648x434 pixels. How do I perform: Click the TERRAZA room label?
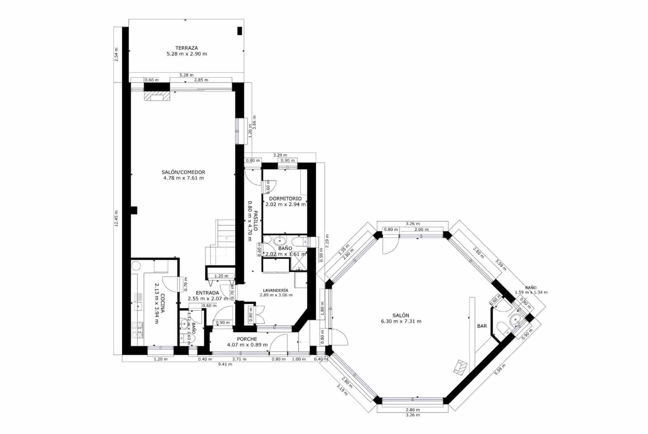pyautogui.click(x=187, y=48)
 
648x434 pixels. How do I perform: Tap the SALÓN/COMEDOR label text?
pyautogui.click(x=183, y=172)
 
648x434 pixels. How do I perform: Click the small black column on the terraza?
pyautogui.click(x=239, y=31)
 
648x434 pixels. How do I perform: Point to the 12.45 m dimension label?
pyautogui.click(x=116, y=219)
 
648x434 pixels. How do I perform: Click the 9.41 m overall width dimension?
pyautogui.click(x=225, y=364)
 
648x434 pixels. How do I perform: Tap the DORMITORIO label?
pyautogui.click(x=285, y=198)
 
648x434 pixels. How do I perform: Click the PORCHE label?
pyautogui.click(x=247, y=339)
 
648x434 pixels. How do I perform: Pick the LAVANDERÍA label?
pyautogui.click(x=275, y=290)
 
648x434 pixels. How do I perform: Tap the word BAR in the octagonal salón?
pyautogui.click(x=482, y=326)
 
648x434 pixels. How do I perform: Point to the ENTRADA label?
pyautogui.click(x=207, y=293)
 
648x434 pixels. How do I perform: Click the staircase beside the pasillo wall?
pyautogui.click(x=221, y=243)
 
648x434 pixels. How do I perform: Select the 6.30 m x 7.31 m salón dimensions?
pyautogui.click(x=401, y=321)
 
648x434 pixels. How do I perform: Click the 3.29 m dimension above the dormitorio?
pyautogui.click(x=280, y=155)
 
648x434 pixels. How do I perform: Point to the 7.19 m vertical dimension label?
pyautogui.click(x=327, y=241)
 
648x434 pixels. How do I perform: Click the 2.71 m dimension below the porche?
pyautogui.click(x=239, y=359)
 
